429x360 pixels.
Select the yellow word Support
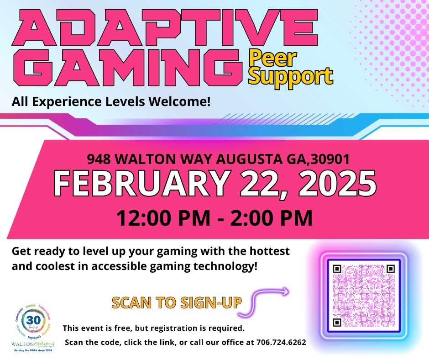click(x=290, y=76)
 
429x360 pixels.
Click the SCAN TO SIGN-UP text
click(x=177, y=302)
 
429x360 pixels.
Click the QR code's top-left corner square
click(x=337, y=269)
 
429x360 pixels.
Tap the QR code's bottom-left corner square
click(x=337, y=323)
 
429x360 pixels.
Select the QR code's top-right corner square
click(x=390, y=269)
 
